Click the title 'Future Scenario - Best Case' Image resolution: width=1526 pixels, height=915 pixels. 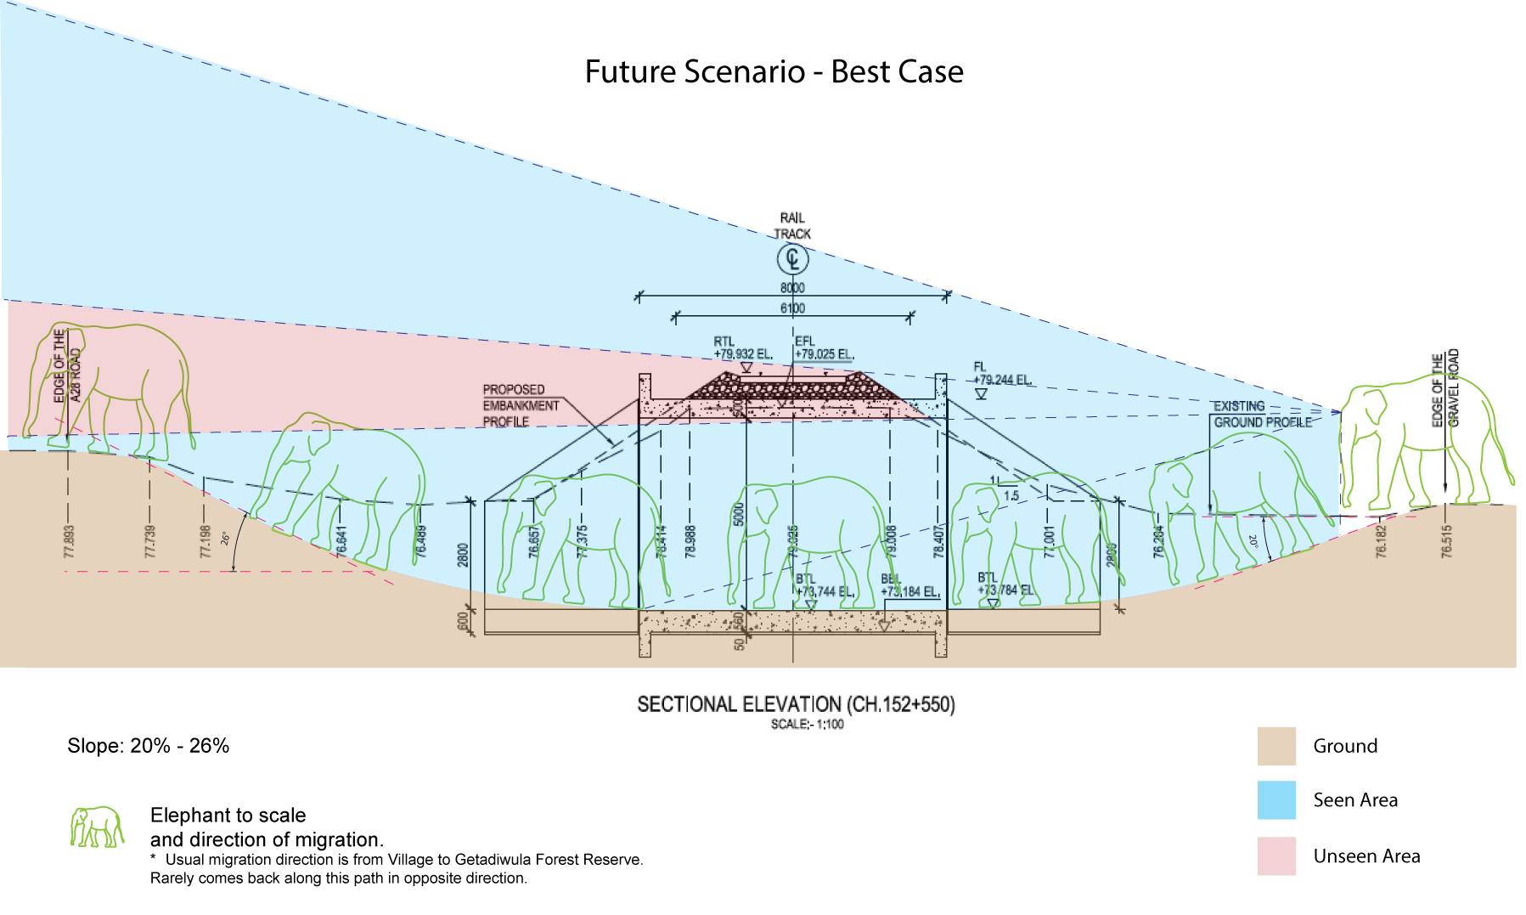click(774, 71)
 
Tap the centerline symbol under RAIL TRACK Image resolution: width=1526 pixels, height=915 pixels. click(792, 258)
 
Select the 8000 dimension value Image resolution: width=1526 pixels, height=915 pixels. click(792, 288)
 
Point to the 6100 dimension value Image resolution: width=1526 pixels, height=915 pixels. click(792, 308)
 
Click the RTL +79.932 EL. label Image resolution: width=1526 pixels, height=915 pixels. click(742, 348)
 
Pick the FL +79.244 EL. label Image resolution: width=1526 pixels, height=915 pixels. click(1002, 375)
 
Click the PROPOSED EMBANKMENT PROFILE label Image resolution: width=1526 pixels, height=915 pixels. click(521, 405)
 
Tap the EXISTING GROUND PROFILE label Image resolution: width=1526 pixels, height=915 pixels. click(1262, 414)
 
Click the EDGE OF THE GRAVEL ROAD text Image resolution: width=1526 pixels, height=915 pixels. click(1444, 388)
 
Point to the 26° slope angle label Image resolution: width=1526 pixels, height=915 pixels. click(226, 538)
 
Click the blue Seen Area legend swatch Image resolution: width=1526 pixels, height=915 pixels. click(1276, 800)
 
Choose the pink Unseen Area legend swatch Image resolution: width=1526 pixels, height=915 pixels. click(1276, 856)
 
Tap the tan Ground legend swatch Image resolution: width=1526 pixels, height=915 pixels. click(1276, 746)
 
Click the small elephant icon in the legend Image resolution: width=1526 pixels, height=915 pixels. click(96, 827)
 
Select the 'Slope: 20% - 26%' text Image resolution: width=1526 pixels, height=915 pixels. click(149, 746)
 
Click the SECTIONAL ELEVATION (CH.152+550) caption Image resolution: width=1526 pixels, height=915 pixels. click(796, 704)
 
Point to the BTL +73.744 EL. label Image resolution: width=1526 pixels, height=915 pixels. click(824, 586)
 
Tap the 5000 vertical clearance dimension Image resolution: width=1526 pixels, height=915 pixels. click(738, 515)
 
